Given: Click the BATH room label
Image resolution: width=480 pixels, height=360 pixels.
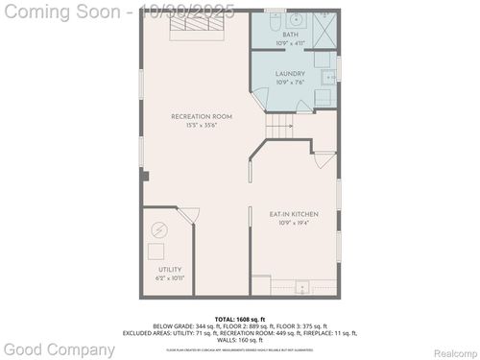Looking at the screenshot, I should coord(290,35).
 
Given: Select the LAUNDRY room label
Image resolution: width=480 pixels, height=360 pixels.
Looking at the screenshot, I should coord(290,73).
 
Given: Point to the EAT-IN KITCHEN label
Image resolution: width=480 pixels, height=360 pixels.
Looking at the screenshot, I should coord(295,213).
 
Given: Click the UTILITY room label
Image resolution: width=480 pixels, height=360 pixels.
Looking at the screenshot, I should coord(169,270).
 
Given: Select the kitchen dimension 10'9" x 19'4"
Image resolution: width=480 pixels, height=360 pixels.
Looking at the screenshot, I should coord(295,222).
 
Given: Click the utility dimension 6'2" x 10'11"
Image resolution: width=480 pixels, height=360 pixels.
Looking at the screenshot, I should coord(169,277).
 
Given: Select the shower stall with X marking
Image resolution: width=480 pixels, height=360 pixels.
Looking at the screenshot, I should coord(324,29).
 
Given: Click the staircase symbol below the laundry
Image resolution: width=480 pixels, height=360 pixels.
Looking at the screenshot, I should coord(278,126).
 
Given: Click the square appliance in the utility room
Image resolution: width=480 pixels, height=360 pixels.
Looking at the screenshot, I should coord(156,252).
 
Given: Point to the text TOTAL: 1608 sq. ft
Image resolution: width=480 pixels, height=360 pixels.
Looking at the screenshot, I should coord(240,318).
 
